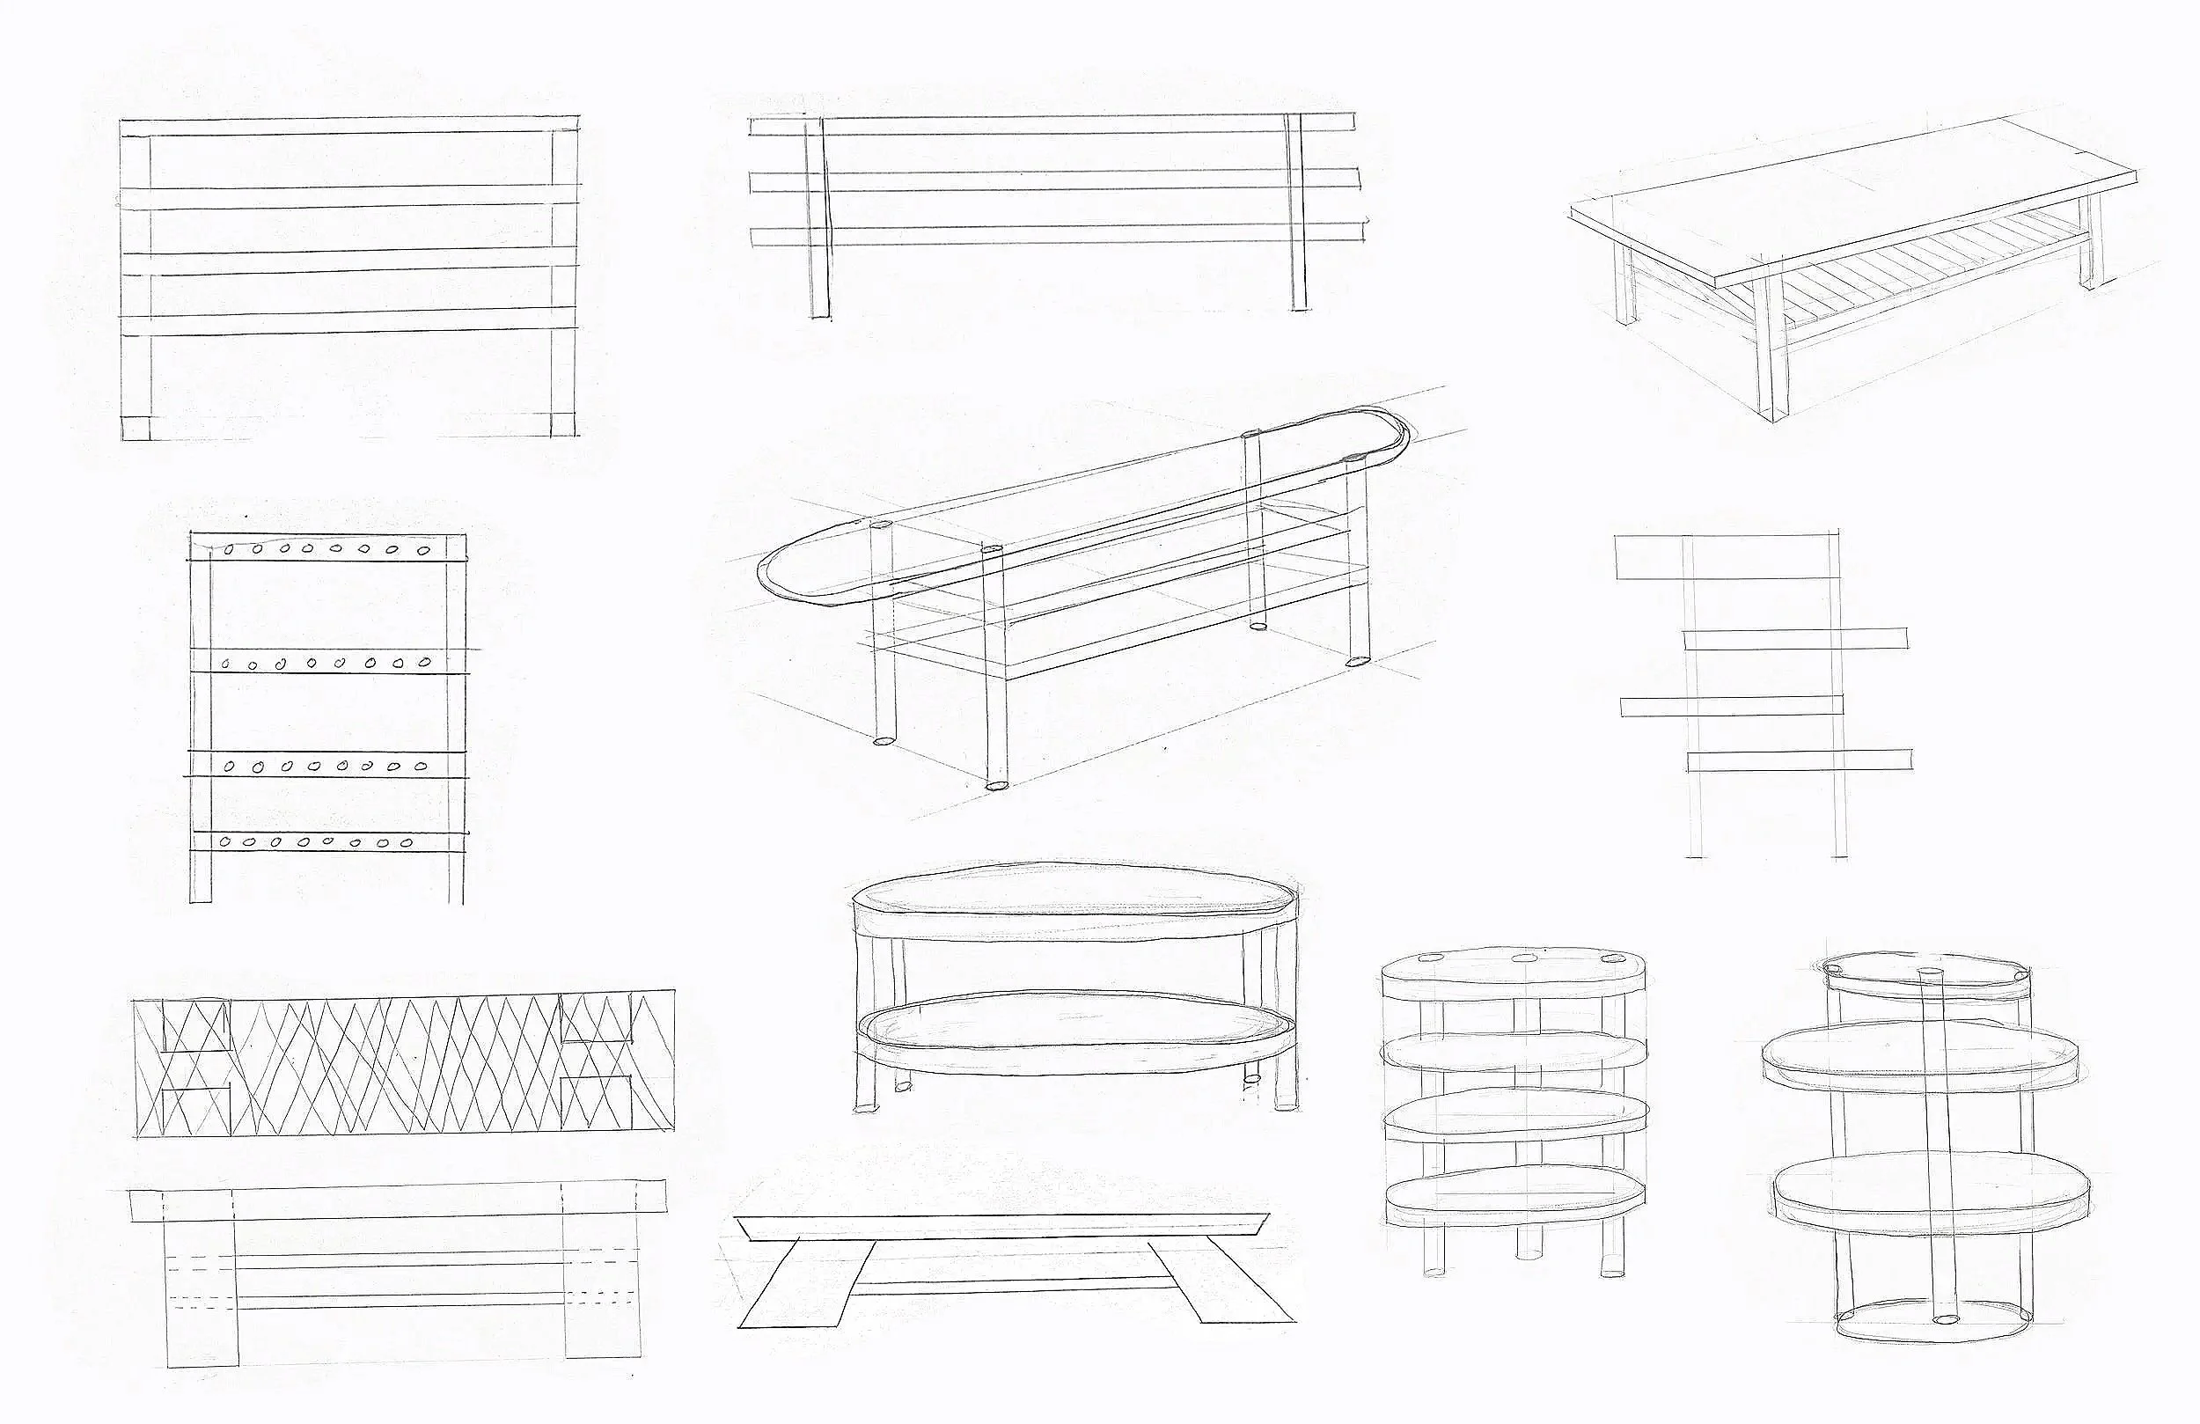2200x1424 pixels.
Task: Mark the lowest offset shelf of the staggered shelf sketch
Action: coord(1799,760)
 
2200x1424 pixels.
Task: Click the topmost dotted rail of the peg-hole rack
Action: coord(328,548)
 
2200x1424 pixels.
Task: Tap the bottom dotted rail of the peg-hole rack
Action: coord(328,841)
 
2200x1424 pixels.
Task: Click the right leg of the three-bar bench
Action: coord(1297,213)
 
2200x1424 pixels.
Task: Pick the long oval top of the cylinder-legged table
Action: coord(1082,517)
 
